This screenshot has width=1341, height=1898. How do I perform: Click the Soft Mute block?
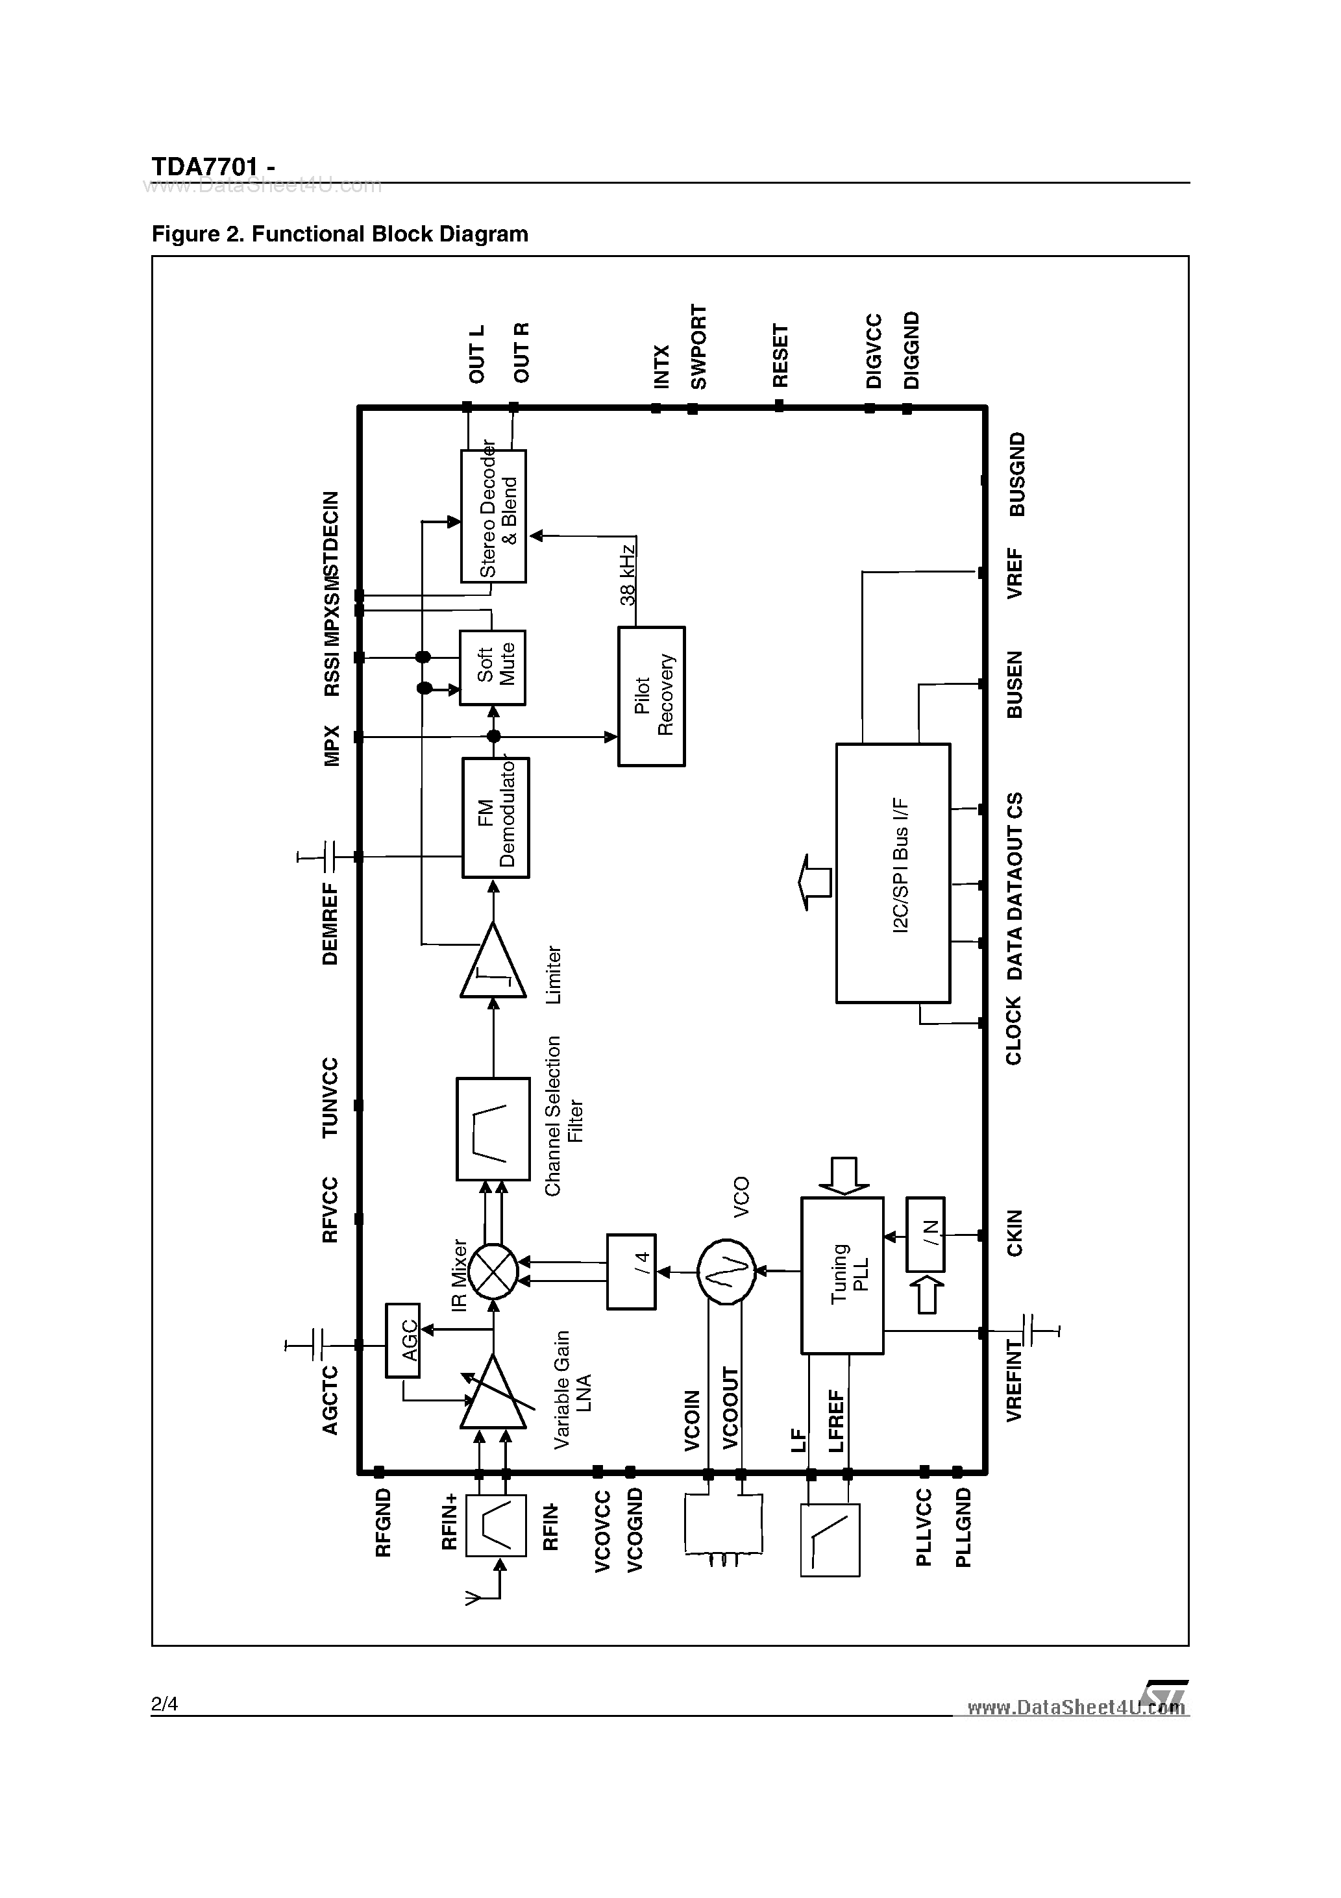[x=493, y=667]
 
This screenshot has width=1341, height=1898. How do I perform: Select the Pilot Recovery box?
[x=652, y=696]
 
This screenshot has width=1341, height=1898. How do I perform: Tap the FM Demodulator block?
[x=495, y=818]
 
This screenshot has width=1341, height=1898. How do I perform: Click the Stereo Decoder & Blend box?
[x=493, y=516]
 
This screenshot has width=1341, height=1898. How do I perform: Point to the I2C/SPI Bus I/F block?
[x=893, y=873]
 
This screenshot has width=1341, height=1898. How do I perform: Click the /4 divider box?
[x=632, y=1272]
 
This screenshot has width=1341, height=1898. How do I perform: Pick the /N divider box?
[x=925, y=1234]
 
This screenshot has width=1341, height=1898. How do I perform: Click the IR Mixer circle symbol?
[x=493, y=1272]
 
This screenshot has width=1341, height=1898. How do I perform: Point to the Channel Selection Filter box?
[x=493, y=1129]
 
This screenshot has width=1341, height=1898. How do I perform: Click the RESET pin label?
[x=780, y=356]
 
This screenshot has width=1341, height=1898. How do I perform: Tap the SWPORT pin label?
[x=698, y=347]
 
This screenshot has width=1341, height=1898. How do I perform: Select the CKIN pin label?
[x=1015, y=1233]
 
